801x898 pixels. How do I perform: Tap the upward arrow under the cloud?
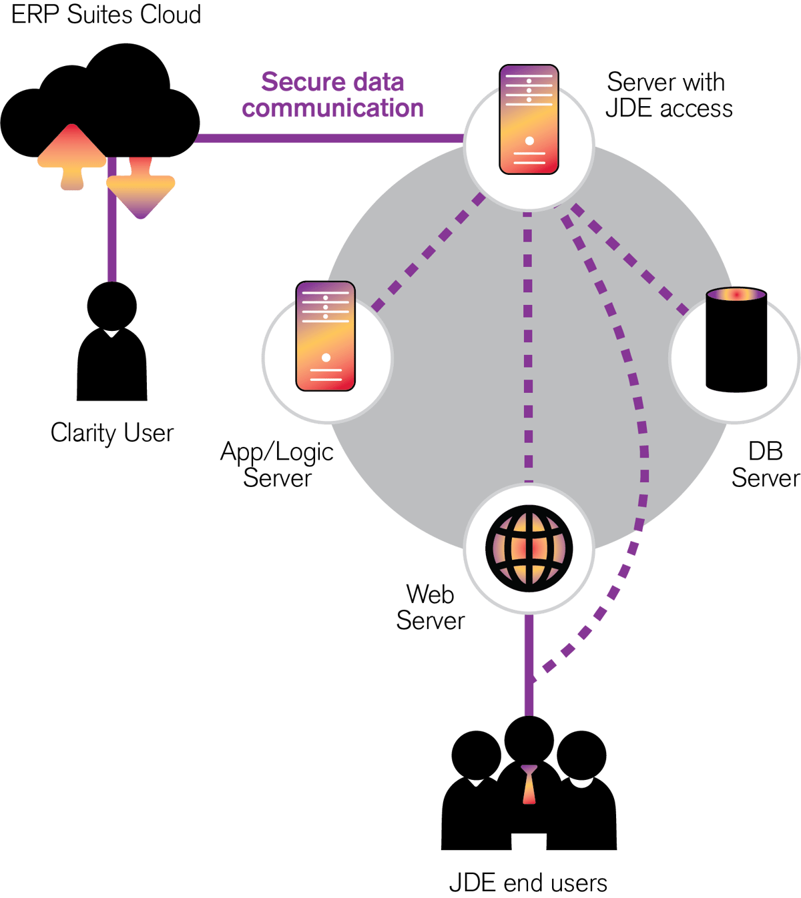72,157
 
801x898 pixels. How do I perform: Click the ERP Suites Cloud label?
106,14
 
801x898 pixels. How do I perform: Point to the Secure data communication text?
332,95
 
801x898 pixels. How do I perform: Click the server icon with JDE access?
529,119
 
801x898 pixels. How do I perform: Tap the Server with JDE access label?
669,95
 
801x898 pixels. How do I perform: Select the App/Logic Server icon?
326,336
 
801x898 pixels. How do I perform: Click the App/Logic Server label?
277,464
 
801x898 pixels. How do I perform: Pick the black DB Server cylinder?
736,340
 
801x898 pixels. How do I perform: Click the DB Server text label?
766,464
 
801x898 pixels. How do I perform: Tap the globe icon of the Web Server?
529,548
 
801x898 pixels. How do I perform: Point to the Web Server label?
431,607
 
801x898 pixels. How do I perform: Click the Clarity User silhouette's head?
111,306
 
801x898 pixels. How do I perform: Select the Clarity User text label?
111,432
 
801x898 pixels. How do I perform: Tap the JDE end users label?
528,883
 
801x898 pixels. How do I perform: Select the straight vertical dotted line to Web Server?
528,348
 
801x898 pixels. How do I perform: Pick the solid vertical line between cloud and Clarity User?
112,219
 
